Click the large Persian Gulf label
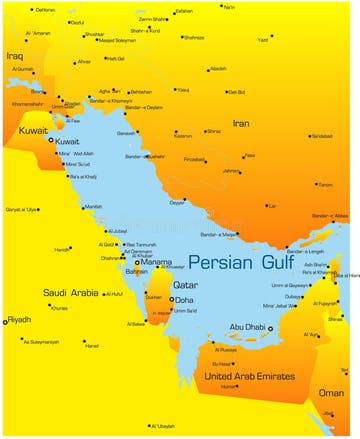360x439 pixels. [x=240, y=264]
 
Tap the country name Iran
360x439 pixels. [x=241, y=123]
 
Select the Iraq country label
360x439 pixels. [x=14, y=56]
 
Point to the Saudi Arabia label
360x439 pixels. [x=69, y=293]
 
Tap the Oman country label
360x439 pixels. [x=330, y=393]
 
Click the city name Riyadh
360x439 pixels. [x=20, y=320]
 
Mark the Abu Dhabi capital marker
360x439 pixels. [x=270, y=328]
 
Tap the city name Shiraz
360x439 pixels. [x=213, y=131]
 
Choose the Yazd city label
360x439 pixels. [x=263, y=40]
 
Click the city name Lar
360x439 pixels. [x=271, y=206]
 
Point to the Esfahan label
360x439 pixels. [x=183, y=11]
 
